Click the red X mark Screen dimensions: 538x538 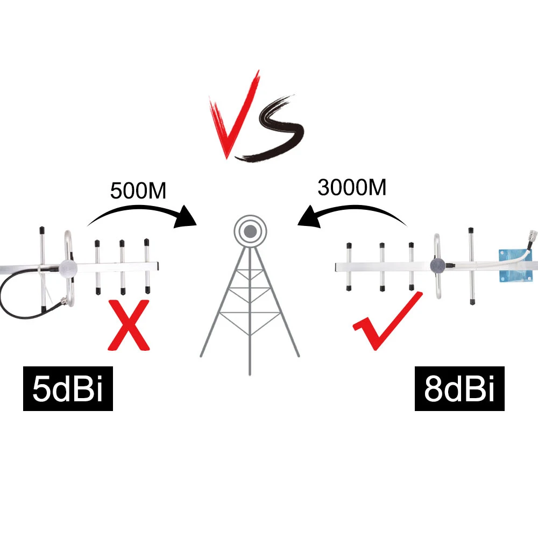click(x=129, y=325)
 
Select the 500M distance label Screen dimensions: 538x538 click(x=138, y=191)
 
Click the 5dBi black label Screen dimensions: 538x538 click(x=68, y=389)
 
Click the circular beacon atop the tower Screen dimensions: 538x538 click(x=250, y=231)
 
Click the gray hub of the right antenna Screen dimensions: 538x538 click(x=437, y=265)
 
